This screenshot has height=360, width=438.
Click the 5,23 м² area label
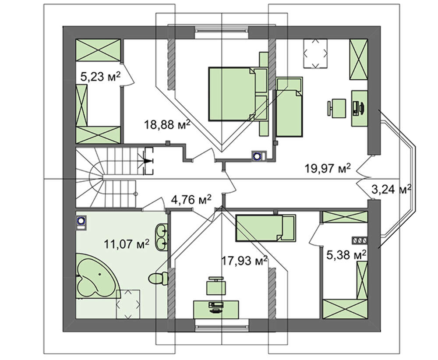[100, 76]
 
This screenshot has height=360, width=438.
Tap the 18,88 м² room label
[167, 124]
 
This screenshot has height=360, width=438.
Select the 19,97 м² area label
[327, 168]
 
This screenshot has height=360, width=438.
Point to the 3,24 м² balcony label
[391, 189]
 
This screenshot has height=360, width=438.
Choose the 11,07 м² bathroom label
[127, 244]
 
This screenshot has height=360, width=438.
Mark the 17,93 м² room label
[244, 261]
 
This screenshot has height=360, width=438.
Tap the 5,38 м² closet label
[346, 254]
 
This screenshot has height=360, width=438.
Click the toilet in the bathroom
[159, 279]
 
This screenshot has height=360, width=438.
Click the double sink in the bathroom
[162, 236]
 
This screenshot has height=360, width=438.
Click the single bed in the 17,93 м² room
[266, 228]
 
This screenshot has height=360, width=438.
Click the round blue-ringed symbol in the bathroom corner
[81, 221]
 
